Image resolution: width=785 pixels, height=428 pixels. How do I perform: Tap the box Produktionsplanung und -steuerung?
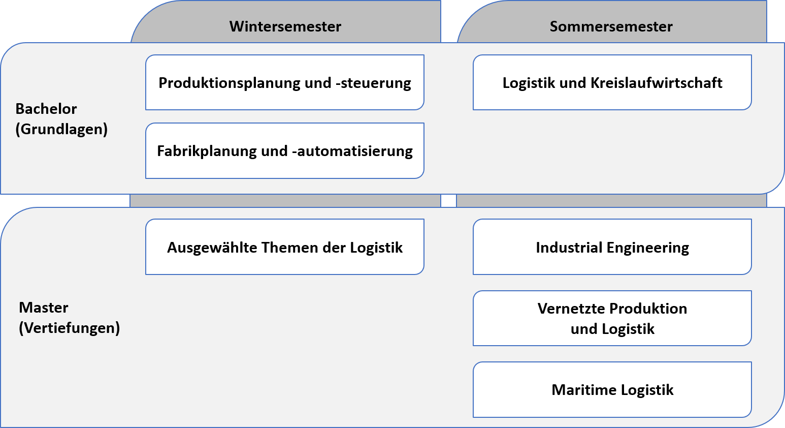[284, 82]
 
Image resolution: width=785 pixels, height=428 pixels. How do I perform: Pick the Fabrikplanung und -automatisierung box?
[284, 151]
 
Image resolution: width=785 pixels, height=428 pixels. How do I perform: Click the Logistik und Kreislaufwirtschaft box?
[612, 82]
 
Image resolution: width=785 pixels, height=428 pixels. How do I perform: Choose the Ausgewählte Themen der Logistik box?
[284, 247]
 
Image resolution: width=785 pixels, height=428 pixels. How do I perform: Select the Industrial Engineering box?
[612, 247]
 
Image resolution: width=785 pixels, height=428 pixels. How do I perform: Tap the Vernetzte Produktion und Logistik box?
[612, 318]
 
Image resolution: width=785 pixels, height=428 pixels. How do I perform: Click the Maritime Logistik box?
[612, 390]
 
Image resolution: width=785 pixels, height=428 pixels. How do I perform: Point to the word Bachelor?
[46, 109]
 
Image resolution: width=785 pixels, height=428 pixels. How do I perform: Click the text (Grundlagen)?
[61, 130]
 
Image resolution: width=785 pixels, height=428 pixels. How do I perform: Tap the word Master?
[44, 308]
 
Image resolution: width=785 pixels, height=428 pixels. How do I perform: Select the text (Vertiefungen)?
[70, 328]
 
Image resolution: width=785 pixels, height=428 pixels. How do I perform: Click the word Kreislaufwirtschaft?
[657, 83]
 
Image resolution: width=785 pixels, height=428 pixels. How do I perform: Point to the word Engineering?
[648, 248]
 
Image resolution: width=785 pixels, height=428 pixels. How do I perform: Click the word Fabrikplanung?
[207, 151]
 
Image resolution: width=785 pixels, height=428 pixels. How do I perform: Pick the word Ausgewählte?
[212, 248]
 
